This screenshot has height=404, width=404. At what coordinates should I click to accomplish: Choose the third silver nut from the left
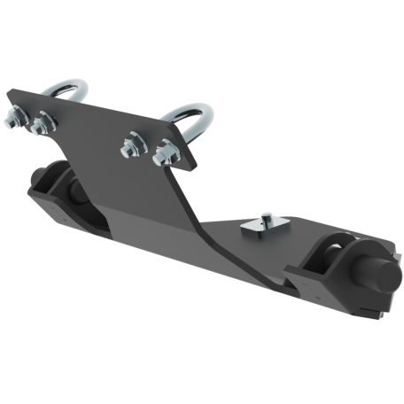(132, 143)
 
